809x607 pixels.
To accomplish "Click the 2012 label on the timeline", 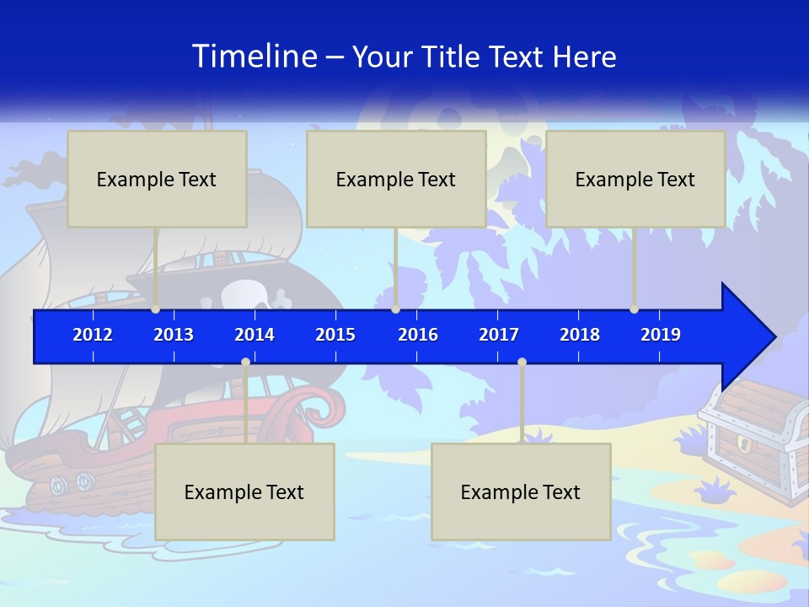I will [x=93, y=335].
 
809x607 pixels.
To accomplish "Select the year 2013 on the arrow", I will [x=174, y=335].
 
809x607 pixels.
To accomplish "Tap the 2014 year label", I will [x=254, y=335].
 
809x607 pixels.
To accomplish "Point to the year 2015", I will [x=335, y=335].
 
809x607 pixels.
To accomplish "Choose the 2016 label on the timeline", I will [x=418, y=335].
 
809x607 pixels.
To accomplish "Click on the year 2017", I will [x=499, y=335].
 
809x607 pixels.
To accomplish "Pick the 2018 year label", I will [x=580, y=335].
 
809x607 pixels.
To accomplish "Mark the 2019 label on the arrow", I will [x=661, y=335].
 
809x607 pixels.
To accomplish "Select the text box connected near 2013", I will [x=157, y=179].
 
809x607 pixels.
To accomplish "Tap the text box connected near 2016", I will [x=396, y=179].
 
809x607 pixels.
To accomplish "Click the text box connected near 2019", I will [x=635, y=179].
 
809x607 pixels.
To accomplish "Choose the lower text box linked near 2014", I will [x=244, y=492].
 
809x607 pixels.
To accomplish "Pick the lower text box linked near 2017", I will [x=521, y=492].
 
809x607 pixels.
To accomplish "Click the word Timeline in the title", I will [x=254, y=56].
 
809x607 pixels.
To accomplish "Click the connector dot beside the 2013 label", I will [x=155, y=309].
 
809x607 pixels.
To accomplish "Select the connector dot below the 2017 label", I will [x=522, y=363].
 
